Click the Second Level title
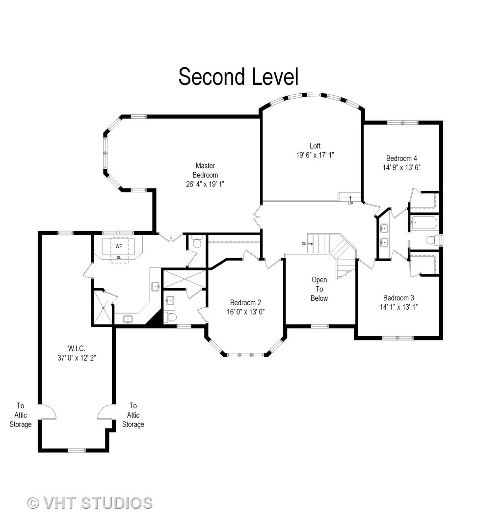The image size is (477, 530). point(238,77)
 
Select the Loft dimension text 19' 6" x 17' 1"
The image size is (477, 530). point(315,155)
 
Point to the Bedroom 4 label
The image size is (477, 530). point(401,158)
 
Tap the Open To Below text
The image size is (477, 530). point(319,289)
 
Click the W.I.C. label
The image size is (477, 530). point(76,348)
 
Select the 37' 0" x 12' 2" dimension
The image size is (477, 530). point(76,358)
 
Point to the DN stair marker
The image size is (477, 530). point(304,243)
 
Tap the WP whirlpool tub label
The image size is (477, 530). point(119,246)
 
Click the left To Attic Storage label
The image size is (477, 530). point(21,415)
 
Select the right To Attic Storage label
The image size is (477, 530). point(133,415)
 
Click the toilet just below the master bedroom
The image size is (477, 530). point(197,243)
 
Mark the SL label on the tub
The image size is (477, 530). point(119,257)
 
